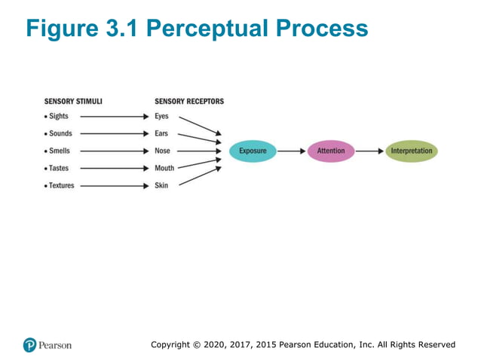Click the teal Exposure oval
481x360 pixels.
pos(253,151)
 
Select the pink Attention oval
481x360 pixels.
pos(330,151)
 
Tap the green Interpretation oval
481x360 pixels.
pos(412,151)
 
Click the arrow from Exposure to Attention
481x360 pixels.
pos(291,151)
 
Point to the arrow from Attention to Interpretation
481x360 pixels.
pos(369,151)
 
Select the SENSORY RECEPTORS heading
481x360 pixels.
pos(188,102)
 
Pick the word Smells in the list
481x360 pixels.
pos(60,151)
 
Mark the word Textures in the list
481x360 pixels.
pos(62,186)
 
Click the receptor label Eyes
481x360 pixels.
pos(161,117)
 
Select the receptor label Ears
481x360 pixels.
pos(161,134)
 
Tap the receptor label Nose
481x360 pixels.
pos(162,151)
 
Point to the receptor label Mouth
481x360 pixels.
pos(164,169)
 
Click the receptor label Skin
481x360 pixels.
pos(161,186)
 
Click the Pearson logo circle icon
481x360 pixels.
pos(30,345)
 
